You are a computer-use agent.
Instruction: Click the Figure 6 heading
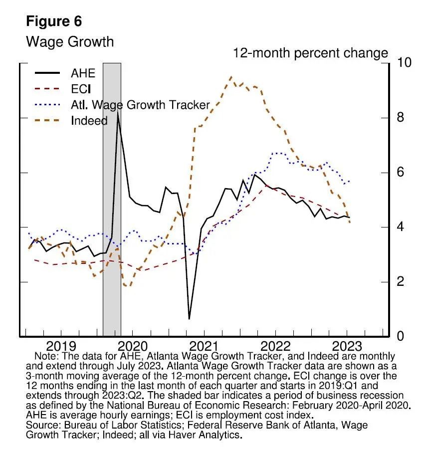pyautogui.click(x=53, y=22)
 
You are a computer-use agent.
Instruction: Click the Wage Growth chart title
pyautogui.click(x=69, y=41)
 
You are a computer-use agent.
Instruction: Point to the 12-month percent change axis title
pyautogui.click(x=310, y=53)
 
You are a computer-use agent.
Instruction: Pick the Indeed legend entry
pyautogui.click(x=89, y=121)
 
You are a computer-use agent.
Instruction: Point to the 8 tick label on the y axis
pyautogui.click(x=398, y=118)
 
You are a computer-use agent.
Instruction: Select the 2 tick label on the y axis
pyautogui.click(x=398, y=282)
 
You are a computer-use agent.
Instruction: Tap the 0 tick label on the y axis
pyautogui.click(x=398, y=337)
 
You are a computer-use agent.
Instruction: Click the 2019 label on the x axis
pyautogui.click(x=61, y=347)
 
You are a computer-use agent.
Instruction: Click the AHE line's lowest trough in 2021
pyautogui.click(x=189, y=319)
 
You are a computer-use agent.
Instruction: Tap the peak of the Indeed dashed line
pyautogui.click(x=230, y=77)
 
